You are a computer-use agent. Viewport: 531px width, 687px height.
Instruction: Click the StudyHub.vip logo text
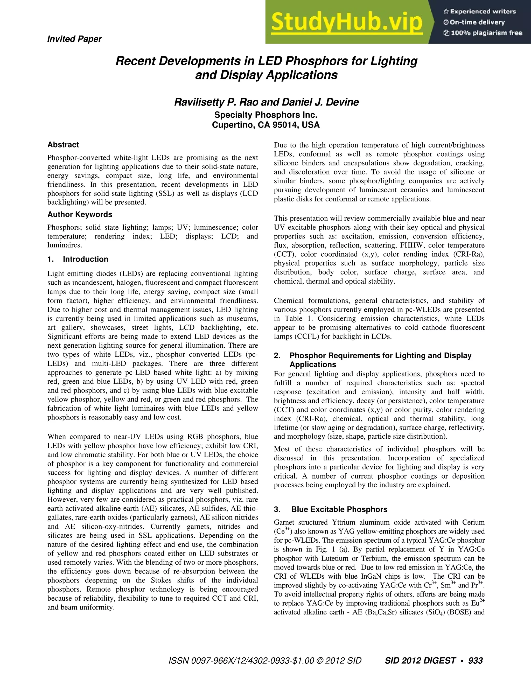click(346, 22)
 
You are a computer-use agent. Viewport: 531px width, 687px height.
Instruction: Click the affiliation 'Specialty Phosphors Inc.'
click(266, 115)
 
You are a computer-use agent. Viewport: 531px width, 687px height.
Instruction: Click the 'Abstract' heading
click(63, 145)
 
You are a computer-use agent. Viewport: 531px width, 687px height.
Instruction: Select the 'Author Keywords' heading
click(80, 215)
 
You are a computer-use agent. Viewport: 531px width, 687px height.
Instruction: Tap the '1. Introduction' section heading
click(78, 259)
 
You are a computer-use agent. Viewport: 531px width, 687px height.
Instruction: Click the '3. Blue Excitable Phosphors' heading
click(331, 510)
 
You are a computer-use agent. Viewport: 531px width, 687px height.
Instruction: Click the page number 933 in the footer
click(475, 661)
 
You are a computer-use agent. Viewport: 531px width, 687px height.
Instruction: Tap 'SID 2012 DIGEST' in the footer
click(420, 661)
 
